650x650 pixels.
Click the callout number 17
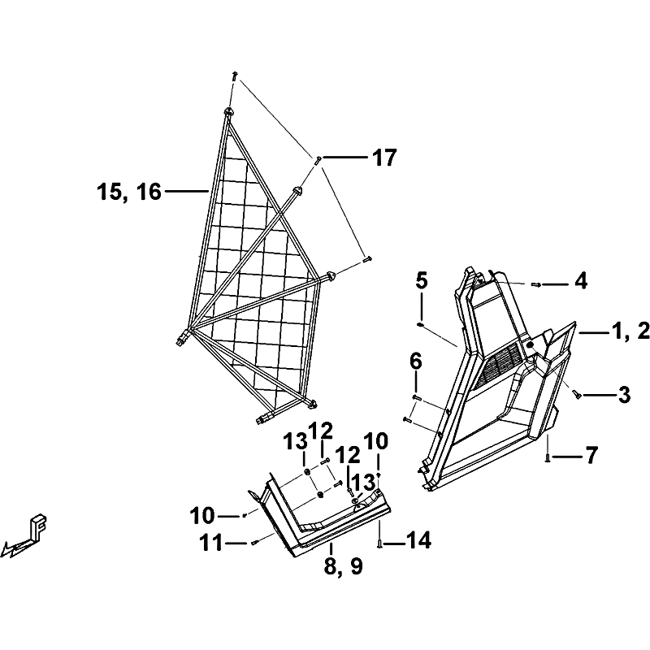point(384,158)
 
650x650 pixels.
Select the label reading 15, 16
point(129,192)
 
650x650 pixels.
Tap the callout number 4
point(580,281)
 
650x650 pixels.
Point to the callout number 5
point(421,281)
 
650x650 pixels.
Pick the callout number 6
point(415,362)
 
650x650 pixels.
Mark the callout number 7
point(591,455)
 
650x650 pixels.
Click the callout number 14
point(418,541)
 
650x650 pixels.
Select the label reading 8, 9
point(344,565)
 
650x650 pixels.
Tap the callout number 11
point(211,543)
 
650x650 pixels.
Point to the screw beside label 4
point(536,284)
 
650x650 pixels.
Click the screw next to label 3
point(576,395)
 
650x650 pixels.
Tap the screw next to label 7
point(548,457)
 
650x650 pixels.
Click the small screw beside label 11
point(255,543)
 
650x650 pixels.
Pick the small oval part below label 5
point(420,324)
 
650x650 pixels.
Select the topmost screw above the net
point(235,76)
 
